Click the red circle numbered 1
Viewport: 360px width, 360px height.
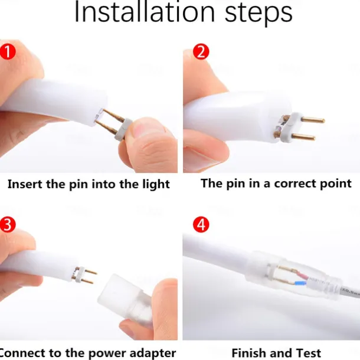8,52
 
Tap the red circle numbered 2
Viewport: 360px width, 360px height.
201,52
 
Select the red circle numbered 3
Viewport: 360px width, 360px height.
8,224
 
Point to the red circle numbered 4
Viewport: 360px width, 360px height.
201,224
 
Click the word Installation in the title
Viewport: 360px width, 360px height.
145,12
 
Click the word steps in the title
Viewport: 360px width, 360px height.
258,14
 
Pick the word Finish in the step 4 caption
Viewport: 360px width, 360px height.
249,353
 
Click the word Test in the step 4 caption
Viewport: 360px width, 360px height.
308,353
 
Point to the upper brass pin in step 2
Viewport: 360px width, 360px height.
313,120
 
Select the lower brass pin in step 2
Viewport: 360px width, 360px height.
303,138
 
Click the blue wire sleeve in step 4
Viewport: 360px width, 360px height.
300,283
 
